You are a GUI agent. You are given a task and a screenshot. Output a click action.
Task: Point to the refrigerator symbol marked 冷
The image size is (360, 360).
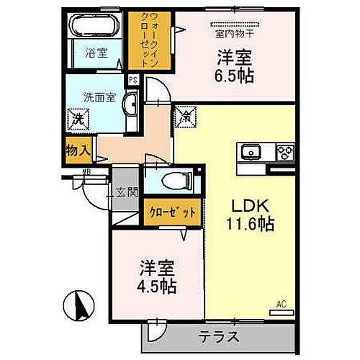[184, 114]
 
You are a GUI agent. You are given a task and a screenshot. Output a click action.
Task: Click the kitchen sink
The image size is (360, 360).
[251, 152]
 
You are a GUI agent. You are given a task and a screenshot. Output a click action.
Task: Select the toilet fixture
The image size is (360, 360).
[166, 180]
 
